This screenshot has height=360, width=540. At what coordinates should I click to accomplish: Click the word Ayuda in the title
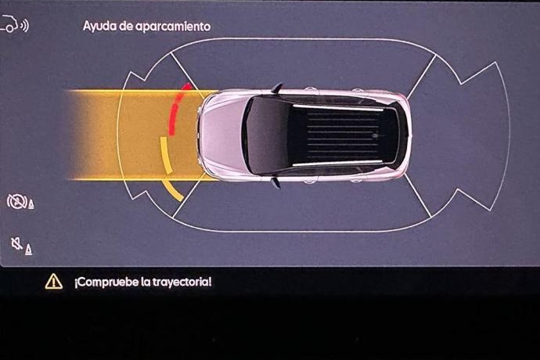point(99,26)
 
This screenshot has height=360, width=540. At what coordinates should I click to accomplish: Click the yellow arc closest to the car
point(164,157)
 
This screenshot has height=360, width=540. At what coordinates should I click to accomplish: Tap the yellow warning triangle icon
point(53,281)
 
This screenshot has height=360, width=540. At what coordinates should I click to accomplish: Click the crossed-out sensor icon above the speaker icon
point(19,202)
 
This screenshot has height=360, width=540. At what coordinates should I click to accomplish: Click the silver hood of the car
point(221,134)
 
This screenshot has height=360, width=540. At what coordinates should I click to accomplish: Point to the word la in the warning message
point(146,282)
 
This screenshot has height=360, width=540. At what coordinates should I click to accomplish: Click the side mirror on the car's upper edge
point(277,87)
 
